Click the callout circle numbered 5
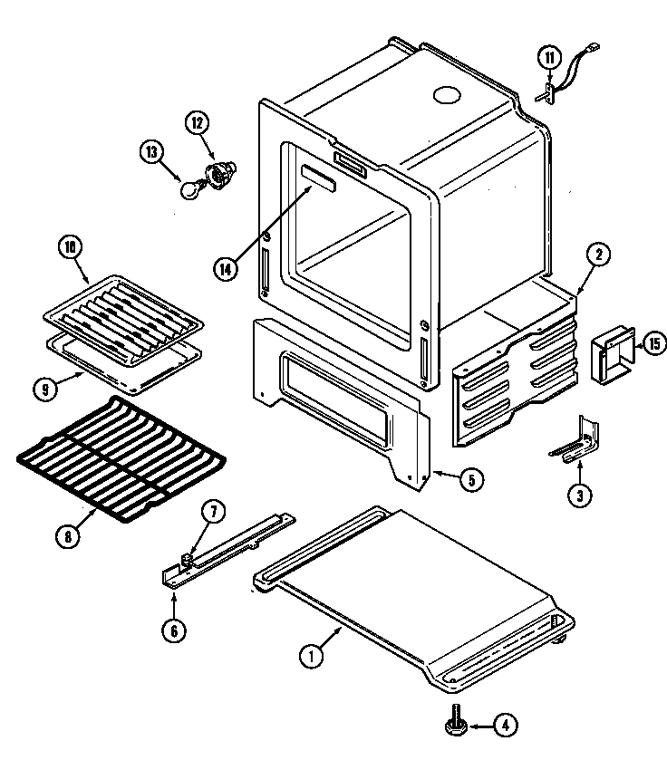[x=469, y=480]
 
